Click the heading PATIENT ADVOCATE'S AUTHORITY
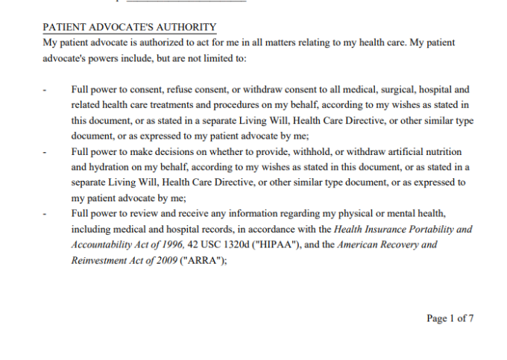(130, 28)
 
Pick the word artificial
(423, 151)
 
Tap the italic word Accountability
(103, 244)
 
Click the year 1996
(170, 244)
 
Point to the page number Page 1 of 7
(450, 318)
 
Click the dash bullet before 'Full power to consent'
(45, 90)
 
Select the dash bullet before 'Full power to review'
(45, 214)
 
